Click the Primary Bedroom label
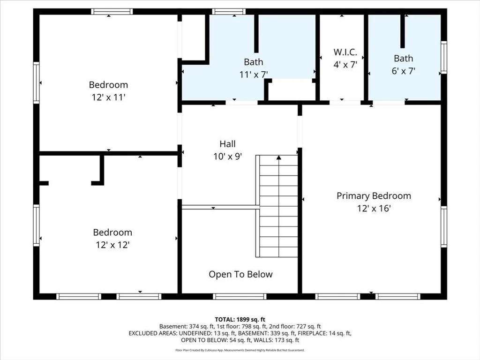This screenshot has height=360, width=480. coord(374,196)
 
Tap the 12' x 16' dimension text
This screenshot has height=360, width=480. coord(374,209)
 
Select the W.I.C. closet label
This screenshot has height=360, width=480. coord(345,52)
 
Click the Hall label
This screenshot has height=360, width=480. coord(227,144)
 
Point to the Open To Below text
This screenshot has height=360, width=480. coord(240,274)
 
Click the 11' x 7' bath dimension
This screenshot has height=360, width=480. coord(254,75)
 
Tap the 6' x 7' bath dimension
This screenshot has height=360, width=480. coord(404,71)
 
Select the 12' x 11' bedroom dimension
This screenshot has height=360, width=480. coord(109,97)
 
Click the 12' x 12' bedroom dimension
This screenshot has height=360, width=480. coord(112,245)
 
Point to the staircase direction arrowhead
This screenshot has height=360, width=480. coord(278,157)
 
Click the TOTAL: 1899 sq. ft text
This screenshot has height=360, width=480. coord(240,320)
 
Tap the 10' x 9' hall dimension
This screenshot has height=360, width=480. coord(227,157)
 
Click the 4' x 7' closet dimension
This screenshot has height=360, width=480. coord(345,65)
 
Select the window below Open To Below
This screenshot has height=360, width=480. coord(240,296)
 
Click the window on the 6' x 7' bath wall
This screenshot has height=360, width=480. coord(443,57)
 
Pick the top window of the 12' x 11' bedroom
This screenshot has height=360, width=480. coord(112,12)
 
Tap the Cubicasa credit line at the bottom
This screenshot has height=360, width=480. coord(240,350)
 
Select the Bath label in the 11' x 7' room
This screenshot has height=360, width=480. coord(254,62)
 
